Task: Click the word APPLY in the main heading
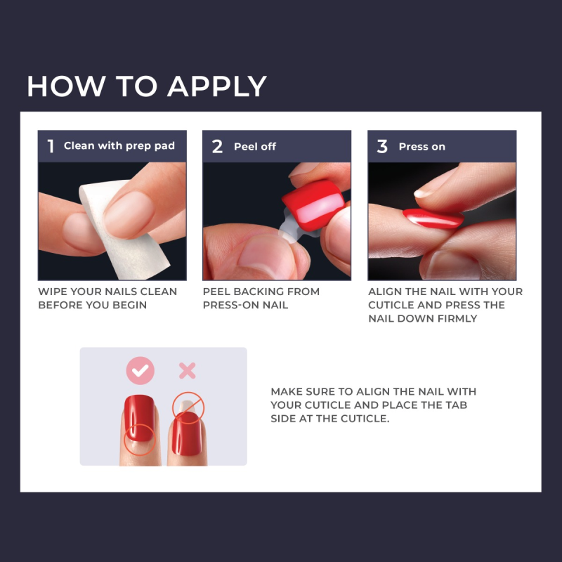pos(217,86)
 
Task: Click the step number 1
pos(51,146)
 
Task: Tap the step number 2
pos(217,146)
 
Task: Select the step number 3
pos(382,146)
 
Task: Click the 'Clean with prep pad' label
pos(119,146)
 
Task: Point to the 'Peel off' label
pos(255,146)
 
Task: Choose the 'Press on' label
pos(421,146)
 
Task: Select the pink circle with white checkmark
pos(139,371)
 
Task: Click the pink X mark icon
pos(187,371)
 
